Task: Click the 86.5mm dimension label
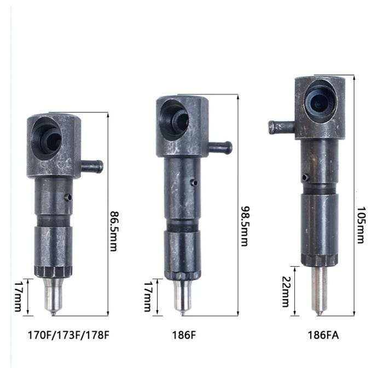click(x=114, y=231)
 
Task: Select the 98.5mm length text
click(x=245, y=226)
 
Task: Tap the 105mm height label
click(x=361, y=225)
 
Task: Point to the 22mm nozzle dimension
click(x=286, y=291)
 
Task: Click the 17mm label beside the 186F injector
click(x=148, y=296)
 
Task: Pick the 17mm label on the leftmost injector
click(x=19, y=296)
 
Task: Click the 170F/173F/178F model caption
click(x=68, y=335)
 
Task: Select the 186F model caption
click(x=184, y=335)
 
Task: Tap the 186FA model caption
click(x=323, y=335)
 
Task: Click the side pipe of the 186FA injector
click(x=282, y=127)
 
